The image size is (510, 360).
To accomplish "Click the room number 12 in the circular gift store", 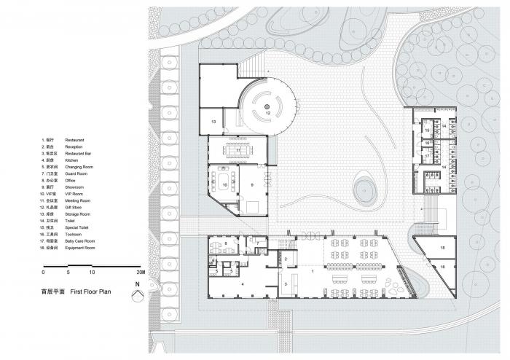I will click(x=267, y=114).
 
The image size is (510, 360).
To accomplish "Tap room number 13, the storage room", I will click(x=214, y=122).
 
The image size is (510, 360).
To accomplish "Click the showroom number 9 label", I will click(x=252, y=185).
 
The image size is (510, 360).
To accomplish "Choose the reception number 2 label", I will click(x=286, y=259).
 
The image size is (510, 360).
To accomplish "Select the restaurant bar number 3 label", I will click(x=286, y=281).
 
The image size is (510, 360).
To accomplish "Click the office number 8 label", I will click(x=225, y=243).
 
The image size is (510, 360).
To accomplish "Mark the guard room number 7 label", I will click(x=257, y=243).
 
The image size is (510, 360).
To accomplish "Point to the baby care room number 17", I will click(x=427, y=156).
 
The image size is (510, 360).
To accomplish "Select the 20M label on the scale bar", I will click(x=141, y=272).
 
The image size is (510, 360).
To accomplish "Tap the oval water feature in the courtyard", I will click(x=365, y=192).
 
